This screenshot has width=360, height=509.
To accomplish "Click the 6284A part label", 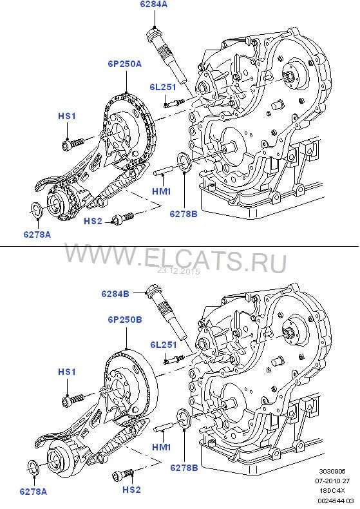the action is [x=154, y=5].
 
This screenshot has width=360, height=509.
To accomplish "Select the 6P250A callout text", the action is [x=125, y=64].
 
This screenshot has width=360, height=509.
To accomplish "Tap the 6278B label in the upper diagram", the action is [x=184, y=214].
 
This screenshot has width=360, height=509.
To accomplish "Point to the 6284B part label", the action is [x=115, y=293].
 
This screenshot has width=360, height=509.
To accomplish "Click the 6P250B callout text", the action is [x=125, y=320].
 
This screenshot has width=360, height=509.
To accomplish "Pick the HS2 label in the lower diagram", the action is [x=131, y=490].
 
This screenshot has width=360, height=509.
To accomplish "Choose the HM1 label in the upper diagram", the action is [x=162, y=191].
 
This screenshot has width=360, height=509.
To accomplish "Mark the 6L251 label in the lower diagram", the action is [x=164, y=345].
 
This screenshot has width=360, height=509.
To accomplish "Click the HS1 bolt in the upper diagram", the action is [x=73, y=143].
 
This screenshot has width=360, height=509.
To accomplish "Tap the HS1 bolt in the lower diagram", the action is [x=73, y=399].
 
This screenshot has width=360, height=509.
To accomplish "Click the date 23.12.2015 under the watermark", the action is [x=178, y=271].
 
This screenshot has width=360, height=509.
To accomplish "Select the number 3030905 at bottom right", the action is [x=332, y=471].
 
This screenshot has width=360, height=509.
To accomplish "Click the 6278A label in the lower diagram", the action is [x=33, y=492].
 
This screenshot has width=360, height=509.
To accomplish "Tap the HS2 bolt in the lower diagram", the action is [x=123, y=475].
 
